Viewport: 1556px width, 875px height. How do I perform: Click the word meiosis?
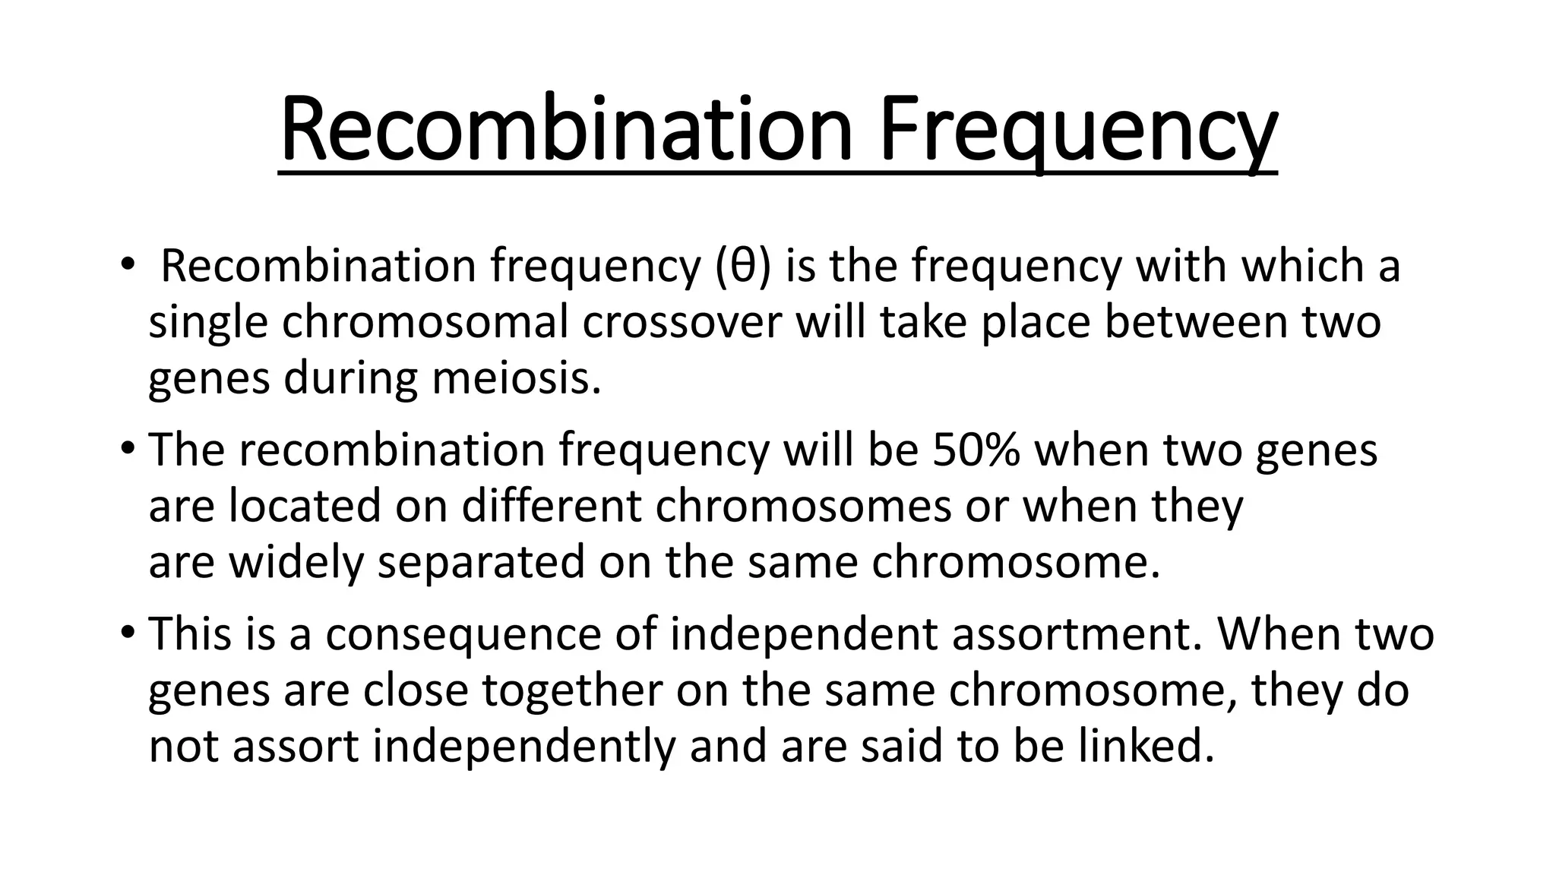[x=516, y=378]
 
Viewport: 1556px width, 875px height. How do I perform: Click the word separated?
[x=480, y=562]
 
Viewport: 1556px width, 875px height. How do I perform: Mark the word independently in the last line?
[x=523, y=746]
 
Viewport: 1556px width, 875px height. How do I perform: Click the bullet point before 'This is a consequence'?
[x=128, y=632]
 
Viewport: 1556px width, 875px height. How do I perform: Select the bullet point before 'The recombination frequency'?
[x=128, y=448]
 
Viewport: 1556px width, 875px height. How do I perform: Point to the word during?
[x=350, y=378]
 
